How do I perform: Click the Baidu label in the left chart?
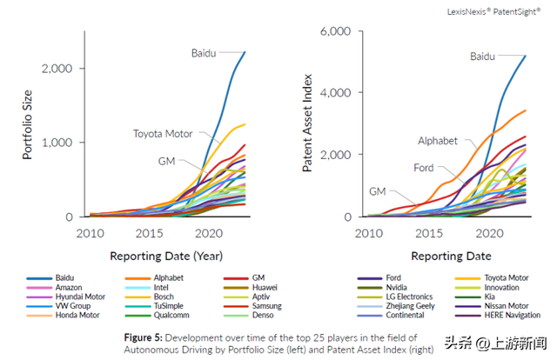pos(203,53)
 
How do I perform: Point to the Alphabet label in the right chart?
pos(438,140)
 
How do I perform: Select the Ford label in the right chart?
pos(424,168)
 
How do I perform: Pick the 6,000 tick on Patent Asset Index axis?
pos(336,30)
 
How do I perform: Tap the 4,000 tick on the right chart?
pos(336,92)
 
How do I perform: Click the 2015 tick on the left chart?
pos(150,234)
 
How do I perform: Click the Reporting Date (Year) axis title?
pos(165,257)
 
